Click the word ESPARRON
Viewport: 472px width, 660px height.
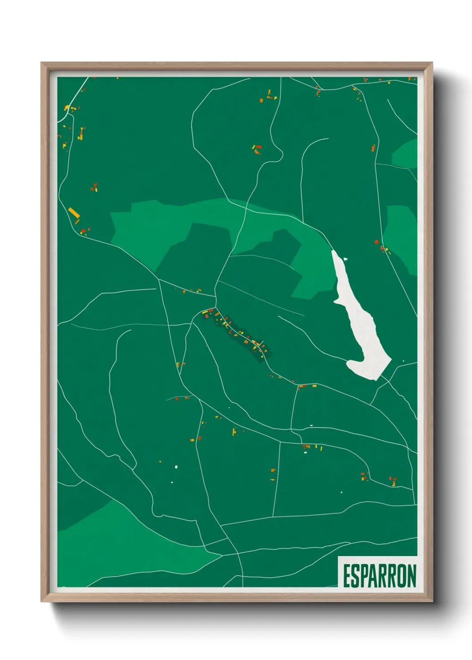pos(380,576)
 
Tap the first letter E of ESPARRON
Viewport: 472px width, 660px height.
pos(347,576)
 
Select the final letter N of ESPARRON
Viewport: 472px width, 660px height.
pos(411,576)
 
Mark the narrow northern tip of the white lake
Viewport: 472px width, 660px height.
pos(335,254)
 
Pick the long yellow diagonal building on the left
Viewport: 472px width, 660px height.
pos(74,212)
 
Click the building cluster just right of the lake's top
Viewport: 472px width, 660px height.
pos(382,246)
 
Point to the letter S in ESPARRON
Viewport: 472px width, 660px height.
pos(355,576)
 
